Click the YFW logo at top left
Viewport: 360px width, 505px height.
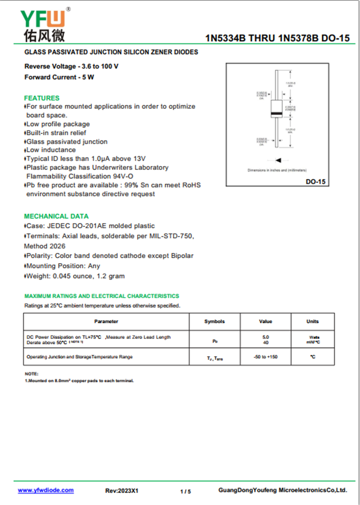(x=44, y=18)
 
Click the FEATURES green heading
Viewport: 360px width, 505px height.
(x=41, y=98)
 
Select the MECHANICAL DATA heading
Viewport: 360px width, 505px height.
(x=56, y=216)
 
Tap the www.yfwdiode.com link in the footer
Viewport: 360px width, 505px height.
(x=45, y=490)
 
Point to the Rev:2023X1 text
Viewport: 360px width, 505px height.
(x=121, y=491)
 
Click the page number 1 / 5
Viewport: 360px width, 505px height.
(x=185, y=492)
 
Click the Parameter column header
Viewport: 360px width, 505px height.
(x=106, y=322)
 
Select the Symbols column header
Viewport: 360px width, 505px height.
(x=214, y=322)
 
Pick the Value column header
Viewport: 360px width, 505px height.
(x=265, y=322)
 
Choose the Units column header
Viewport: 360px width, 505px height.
(x=312, y=322)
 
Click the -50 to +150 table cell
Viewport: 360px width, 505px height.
(x=265, y=357)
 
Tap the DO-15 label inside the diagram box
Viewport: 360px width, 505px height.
(x=315, y=182)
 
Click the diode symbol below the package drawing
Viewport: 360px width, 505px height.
(x=278, y=160)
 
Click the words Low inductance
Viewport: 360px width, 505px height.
(x=51, y=150)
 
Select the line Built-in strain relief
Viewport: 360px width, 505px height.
(x=56, y=133)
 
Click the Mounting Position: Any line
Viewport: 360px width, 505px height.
(x=63, y=266)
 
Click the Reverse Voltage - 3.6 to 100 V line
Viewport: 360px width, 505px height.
(x=72, y=67)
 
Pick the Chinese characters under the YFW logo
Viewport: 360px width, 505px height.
(x=44, y=35)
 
